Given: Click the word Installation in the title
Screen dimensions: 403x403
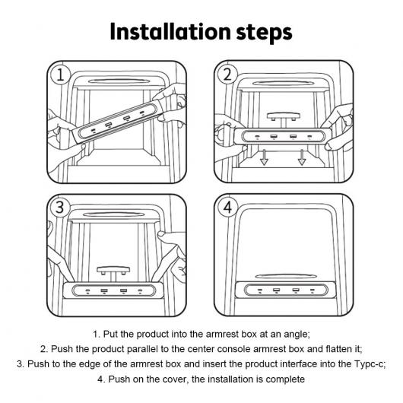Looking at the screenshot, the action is (x=170, y=32).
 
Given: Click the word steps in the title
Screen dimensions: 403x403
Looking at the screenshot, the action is (x=264, y=33).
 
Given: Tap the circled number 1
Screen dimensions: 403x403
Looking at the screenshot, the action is (x=60, y=75).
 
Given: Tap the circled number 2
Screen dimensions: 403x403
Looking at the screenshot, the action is (x=227, y=75).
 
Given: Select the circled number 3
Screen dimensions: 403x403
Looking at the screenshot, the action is (x=60, y=207).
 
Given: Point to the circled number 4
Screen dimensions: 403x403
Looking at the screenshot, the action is (x=227, y=207).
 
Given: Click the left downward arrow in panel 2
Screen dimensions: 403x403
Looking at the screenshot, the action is (x=264, y=157).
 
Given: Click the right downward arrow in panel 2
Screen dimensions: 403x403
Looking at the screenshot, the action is (x=302, y=157).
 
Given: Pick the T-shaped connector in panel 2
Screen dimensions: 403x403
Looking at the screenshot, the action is (x=283, y=117).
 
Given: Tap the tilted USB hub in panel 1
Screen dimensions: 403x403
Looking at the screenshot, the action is (x=118, y=121).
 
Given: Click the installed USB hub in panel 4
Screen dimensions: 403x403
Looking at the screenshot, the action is (x=286, y=290).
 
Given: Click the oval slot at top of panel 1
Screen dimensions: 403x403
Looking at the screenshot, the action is (x=119, y=81).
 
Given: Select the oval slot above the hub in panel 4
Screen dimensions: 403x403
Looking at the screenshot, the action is (x=286, y=276).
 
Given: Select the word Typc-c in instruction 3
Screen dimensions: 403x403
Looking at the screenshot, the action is (x=370, y=364).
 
